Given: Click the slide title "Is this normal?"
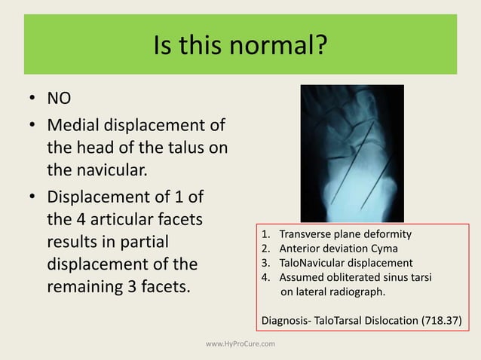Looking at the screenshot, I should [x=240, y=48].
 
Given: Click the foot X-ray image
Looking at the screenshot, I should [x=352, y=153].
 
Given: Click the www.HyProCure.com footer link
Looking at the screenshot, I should [x=240, y=344].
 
